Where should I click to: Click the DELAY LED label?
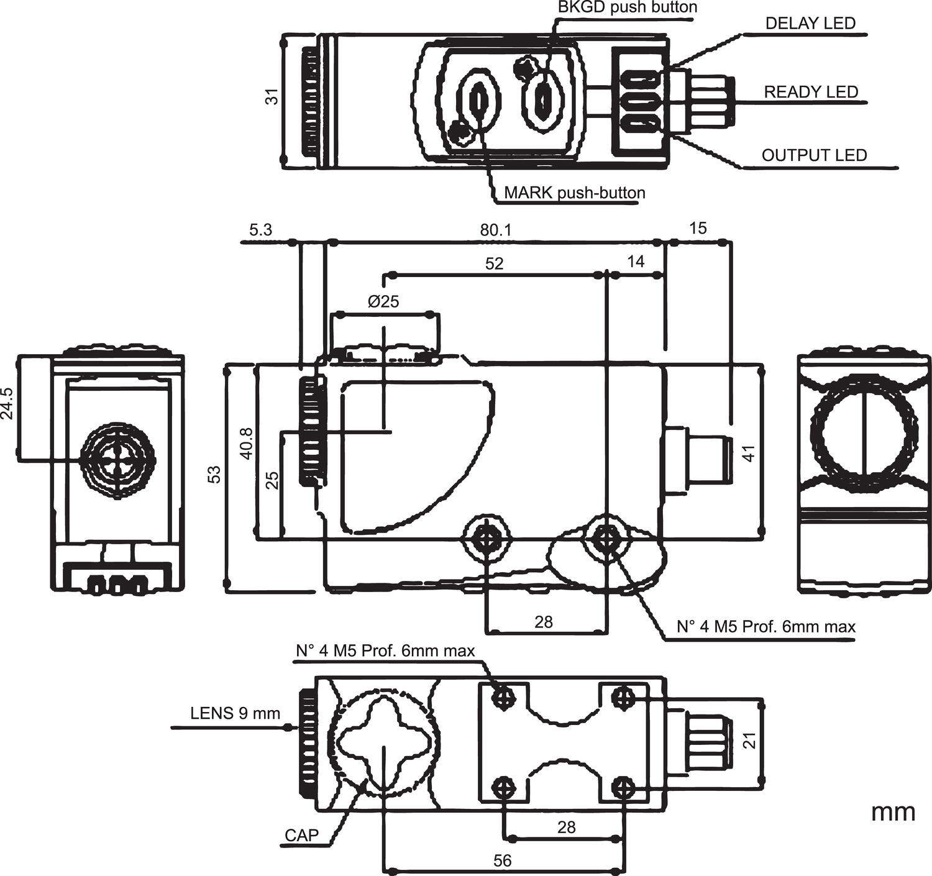tap(810, 24)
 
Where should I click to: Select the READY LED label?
tap(811, 92)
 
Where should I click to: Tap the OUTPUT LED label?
tap(814, 155)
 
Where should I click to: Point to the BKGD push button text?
tap(627, 7)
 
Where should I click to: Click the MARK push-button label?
tap(574, 193)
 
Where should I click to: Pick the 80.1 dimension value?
tap(495, 230)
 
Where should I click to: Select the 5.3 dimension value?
tap(260, 230)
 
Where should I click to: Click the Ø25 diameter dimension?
tap(383, 302)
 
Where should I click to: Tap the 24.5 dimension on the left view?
tap(7, 404)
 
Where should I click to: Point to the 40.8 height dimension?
tap(247, 443)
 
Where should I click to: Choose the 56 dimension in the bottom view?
tap(502, 860)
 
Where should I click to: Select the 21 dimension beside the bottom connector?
tap(751, 741)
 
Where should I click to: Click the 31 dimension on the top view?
tap(272, 96)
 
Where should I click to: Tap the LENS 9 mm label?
tap(235, 713)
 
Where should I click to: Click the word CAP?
tap(301, 836)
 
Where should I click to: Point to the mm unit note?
tap(893, 812)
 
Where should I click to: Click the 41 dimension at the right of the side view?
tap(750, 454)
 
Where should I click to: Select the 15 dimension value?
tap(698, 229)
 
